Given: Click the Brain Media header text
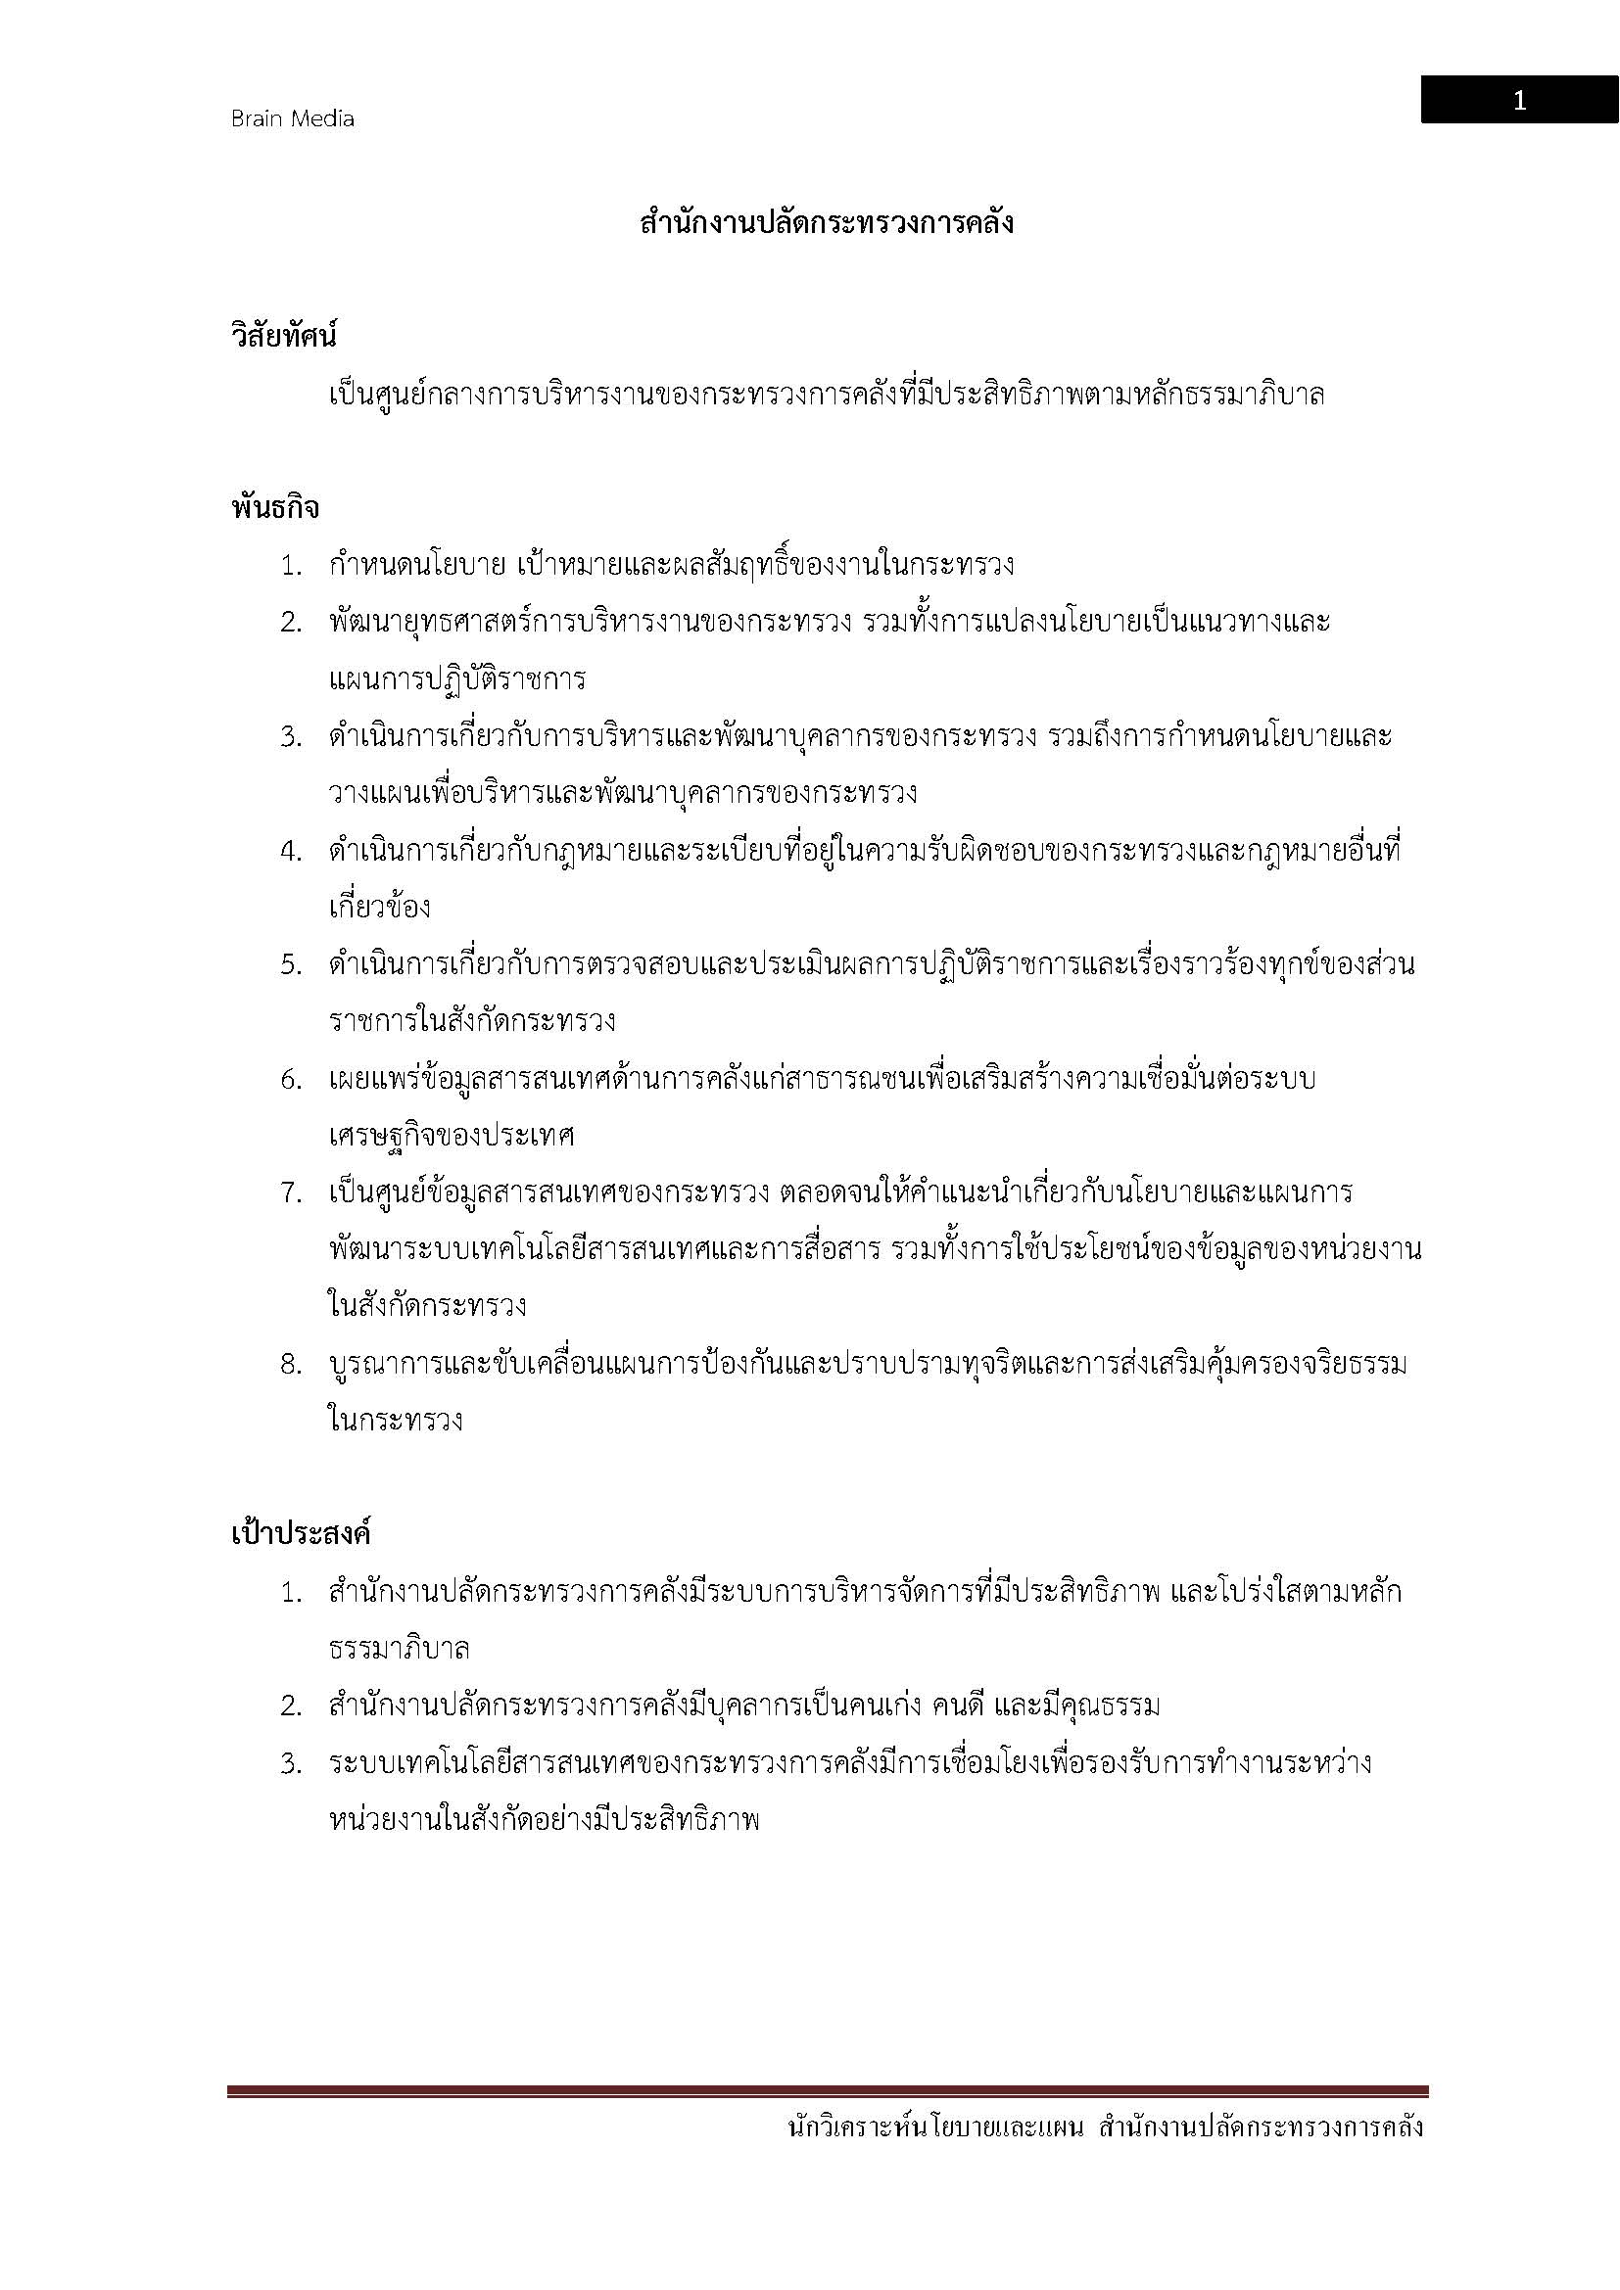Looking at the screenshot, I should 292,118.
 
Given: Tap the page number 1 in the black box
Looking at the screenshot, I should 1519,101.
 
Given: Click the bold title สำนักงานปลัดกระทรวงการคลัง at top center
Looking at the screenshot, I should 827,222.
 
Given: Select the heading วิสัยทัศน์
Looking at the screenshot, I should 284,336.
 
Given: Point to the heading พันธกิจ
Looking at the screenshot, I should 275,508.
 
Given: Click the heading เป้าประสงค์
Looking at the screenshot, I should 301,1533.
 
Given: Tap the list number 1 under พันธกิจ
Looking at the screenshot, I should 290,566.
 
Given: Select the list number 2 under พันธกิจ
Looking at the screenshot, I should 290,623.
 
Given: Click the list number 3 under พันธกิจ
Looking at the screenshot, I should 290,737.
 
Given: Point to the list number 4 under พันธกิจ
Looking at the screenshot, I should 290,852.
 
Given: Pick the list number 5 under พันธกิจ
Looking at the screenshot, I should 290,965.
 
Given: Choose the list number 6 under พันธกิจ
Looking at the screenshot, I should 290,1079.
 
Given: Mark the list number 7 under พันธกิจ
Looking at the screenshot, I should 290,1192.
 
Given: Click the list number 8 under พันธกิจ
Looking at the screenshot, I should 290,1365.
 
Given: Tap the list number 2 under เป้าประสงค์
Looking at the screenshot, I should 290,1706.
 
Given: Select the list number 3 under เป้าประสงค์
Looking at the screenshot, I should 290,1763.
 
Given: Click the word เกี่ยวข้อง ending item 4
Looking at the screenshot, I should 380,908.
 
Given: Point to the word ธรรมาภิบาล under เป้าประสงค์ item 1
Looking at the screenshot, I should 399,1649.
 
